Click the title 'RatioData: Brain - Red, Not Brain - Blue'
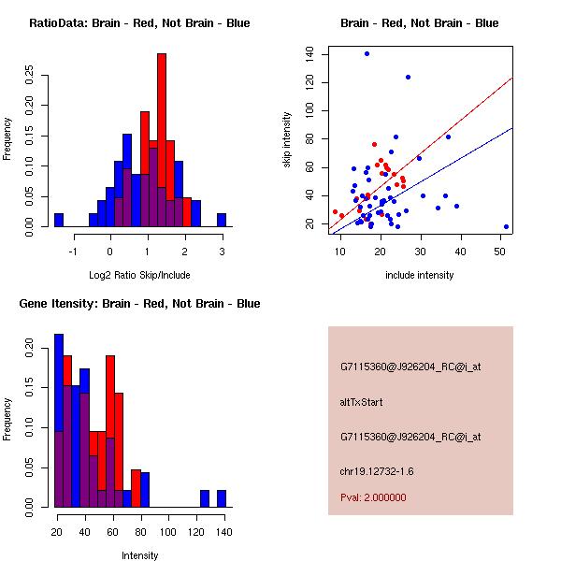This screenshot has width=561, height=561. (x=139, y=23)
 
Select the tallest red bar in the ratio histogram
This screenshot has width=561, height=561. (x=162, y=140)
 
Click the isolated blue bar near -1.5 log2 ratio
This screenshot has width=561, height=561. (x=59, y=221)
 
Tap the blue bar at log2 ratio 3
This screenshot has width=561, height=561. (x=222, y=221)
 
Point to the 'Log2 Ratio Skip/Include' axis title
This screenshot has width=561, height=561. (x=139, y=275)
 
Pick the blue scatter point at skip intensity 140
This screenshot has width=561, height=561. (x=367, y=53)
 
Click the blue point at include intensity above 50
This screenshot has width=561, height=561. (x=506, y=226)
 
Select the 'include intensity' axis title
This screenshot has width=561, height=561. (x=420, y=275)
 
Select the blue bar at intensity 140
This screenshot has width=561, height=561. (x=222, y=499)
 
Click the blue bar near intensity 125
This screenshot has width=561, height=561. (x=204, y=499)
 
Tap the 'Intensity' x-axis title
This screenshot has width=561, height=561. (x=139, y=555)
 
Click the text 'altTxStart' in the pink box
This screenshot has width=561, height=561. (x=362, y=402)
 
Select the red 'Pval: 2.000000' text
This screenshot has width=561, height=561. (x=373, y=497)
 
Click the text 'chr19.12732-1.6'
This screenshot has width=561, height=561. (x=377, y=470)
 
